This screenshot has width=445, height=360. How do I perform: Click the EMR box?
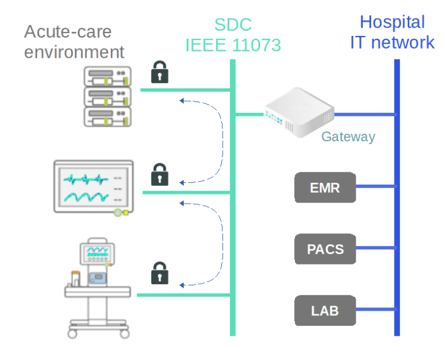pos(324,188)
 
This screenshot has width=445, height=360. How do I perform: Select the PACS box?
pos(324,249)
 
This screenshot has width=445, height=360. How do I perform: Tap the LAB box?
pos(324,310)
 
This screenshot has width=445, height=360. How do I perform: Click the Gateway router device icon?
pos(299,112)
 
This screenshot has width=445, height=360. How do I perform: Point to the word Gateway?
pos(348,137)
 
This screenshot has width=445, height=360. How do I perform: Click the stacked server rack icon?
pos(107,96)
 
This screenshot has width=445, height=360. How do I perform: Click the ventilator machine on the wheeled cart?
pos(96,289)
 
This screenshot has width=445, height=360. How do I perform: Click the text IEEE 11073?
pos(232,45)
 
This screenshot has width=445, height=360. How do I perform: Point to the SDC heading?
pos(232,24)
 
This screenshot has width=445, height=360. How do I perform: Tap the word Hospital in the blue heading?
pos(392,22)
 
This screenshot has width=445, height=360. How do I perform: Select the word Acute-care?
pos(67,31)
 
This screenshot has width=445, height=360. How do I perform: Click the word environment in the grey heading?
pos(74,52)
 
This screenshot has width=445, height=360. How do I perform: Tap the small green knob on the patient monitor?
pos(118,212)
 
